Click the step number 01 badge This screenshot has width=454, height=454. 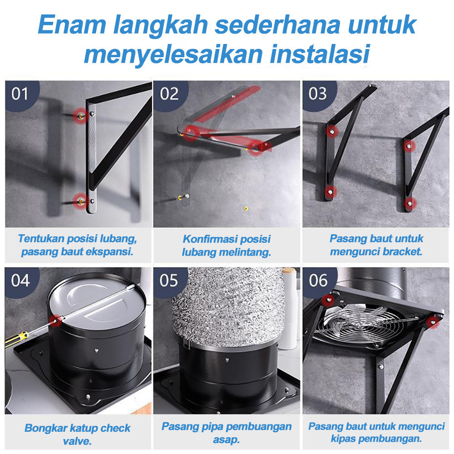point(21,94)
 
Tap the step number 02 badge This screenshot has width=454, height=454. point(170,94)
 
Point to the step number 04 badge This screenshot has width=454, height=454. point(21,281)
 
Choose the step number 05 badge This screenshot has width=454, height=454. point(170,281)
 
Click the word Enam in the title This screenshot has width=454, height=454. point(72,25)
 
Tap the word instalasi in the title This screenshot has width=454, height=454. point(320,54)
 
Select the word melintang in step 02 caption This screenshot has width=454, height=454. point(245,252)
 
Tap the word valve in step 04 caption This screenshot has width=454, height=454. point(77,441)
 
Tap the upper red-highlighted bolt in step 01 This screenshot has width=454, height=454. point(81,116)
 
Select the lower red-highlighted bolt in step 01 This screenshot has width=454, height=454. point(80,201)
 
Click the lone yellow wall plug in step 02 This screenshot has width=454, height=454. point(246,208)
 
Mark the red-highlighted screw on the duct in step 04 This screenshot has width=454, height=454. point(55,320)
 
